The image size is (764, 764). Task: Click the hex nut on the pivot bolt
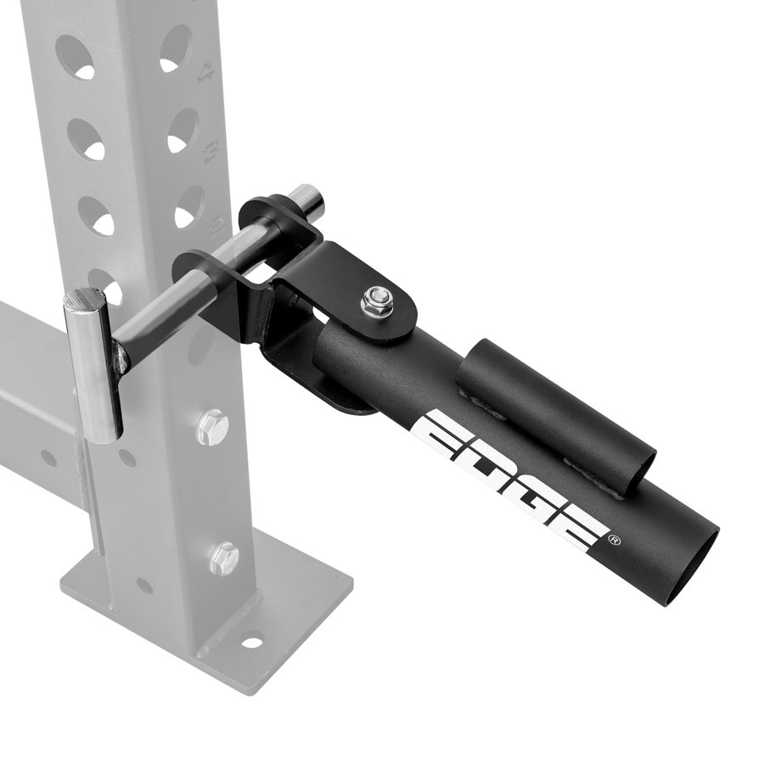376,301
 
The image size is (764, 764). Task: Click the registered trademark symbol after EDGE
615,540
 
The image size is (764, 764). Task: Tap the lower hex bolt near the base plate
223,558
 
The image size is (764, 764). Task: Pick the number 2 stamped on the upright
217,223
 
